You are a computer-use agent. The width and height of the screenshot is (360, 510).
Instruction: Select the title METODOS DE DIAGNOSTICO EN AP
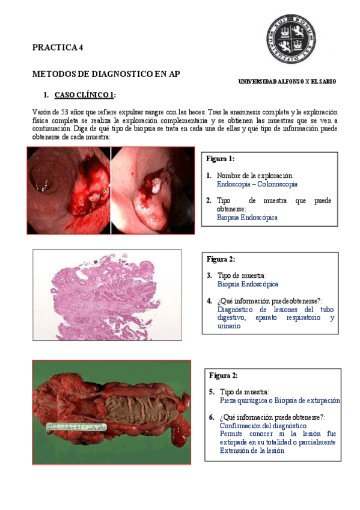click(106, 74)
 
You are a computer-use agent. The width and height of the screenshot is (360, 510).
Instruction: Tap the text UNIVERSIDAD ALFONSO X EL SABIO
click(287, 81)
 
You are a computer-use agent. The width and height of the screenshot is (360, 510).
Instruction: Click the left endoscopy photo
click(68, 191)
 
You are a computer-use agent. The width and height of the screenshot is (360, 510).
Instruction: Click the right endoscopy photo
click(154, 191)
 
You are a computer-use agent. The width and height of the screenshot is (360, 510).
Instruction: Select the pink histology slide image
click(106, 295)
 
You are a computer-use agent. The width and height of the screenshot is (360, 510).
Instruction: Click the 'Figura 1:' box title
click(220, 159)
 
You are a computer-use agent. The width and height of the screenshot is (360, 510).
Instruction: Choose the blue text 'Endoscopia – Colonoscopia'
click(257, 185)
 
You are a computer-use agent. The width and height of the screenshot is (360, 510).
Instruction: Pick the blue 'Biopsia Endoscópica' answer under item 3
click(247, 284)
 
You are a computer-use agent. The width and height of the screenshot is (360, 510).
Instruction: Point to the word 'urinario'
click(229, 326)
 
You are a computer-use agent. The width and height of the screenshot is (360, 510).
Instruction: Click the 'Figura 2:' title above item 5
click(224, 375)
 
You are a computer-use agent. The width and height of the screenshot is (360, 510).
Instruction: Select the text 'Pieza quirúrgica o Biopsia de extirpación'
click(279, 400)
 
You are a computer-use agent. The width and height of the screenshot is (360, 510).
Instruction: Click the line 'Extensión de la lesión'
click(252, 450)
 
